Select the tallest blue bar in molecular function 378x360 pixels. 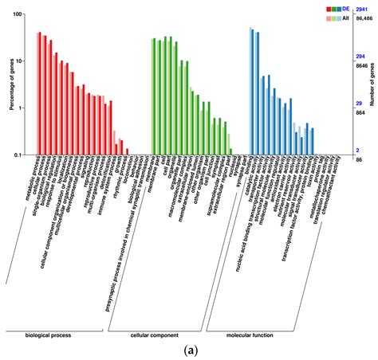pos(251,91)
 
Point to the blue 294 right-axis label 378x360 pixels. pos(360,57)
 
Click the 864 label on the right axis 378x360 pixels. pos(360,114)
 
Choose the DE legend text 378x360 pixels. pos(345,7)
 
